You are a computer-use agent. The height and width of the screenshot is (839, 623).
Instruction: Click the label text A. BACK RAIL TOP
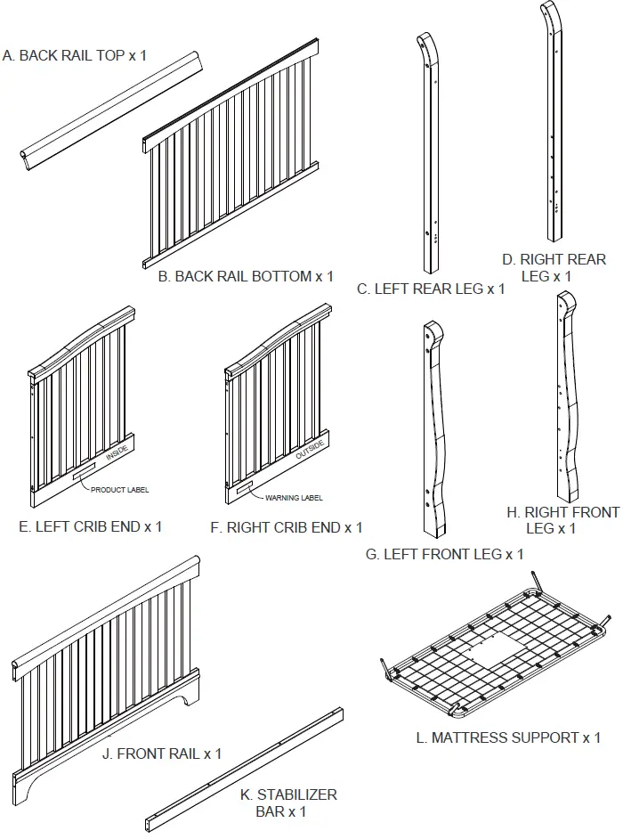(x=75, y=55)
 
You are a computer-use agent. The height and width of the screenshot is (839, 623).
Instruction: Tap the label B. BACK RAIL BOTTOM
(x=246, y=276)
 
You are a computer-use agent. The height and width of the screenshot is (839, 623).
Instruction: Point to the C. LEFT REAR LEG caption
(x=431, y=289)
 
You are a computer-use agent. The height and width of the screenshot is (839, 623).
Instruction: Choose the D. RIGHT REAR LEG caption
(x=553, y=268)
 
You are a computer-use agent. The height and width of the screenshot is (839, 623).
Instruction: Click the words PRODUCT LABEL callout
(x=120, y=490)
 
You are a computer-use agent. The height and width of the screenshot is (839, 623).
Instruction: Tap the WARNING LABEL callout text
(x=294, y=498)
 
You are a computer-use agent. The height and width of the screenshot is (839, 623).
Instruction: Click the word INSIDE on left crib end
(x=117, y=453)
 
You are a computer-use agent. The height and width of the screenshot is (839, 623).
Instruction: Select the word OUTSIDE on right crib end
(x=311, y=451)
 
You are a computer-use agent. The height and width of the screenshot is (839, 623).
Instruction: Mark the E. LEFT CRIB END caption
(x=91, y=526)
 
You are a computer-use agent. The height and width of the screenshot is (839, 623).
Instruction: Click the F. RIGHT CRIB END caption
(x=287, y=527)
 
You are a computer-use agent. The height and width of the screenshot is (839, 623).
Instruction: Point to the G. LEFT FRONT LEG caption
(x=444, y=554)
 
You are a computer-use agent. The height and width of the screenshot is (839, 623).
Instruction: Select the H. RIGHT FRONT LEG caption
(x=562, y=520)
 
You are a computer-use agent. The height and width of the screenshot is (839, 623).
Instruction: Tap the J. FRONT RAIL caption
(x=162, y=753)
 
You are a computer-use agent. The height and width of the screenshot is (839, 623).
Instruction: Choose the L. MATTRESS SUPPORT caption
(x=508, y=737)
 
